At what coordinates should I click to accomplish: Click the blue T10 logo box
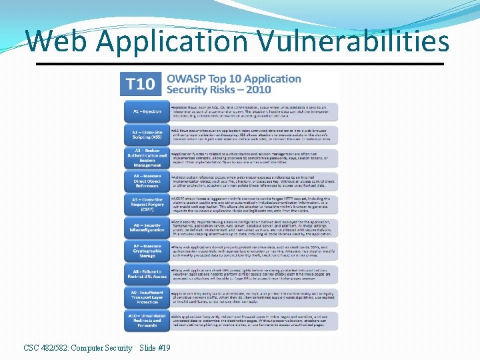141,83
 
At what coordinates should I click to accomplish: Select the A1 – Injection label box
146,111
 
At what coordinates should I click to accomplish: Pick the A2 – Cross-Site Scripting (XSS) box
146,135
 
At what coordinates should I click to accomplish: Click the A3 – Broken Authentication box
146,159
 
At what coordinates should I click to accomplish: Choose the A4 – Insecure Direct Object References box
146,182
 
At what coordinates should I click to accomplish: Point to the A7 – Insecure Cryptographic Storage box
146,251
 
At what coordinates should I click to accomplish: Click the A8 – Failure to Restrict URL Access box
146,274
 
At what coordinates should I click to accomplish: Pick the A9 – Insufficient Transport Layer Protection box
146,297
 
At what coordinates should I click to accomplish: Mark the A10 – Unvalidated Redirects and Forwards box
146,321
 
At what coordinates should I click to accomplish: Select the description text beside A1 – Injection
253,111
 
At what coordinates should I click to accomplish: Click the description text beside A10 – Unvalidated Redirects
253,321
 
